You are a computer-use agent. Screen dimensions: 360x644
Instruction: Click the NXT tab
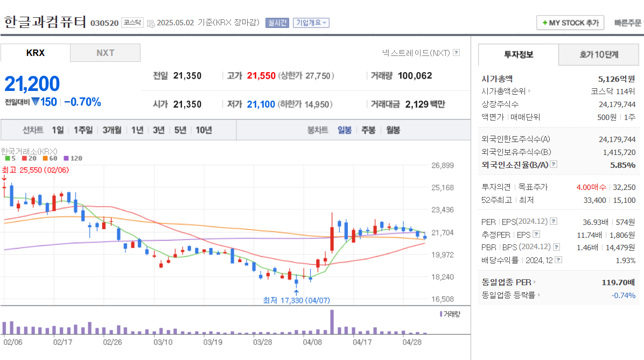point(105,53)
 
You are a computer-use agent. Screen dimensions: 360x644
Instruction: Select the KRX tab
point(36,53)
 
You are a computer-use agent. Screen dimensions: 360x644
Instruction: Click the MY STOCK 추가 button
point(571,23)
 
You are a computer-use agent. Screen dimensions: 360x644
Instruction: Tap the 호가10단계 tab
point(599,54)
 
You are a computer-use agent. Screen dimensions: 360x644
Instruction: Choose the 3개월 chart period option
point(112,130)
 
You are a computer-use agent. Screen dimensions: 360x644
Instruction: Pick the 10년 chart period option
point(204,130)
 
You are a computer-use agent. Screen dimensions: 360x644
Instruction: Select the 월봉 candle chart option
point(393,130)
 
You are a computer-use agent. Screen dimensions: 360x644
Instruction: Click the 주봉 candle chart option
point(368,130)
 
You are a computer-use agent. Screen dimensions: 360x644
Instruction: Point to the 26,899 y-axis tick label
point(443,165)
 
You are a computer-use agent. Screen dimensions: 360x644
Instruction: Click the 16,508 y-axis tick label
point(443,299)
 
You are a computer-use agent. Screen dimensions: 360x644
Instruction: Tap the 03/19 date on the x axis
point(213,342)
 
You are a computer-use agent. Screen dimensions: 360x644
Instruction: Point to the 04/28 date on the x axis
point(412,342)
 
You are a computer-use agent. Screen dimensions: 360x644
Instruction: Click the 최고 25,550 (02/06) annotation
point(36,170)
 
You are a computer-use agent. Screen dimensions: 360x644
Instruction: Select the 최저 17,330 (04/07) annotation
point(296,300)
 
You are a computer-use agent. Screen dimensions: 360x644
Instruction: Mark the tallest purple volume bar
point(332,322)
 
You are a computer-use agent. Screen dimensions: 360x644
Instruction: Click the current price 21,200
point(32,84)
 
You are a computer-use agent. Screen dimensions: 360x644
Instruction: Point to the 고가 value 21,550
point(261,76)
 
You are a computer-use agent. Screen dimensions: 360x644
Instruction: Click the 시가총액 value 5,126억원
point(617,78)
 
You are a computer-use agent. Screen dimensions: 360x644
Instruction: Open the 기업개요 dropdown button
point(311,23)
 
